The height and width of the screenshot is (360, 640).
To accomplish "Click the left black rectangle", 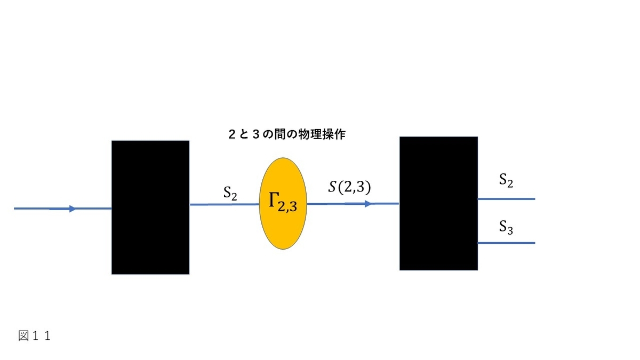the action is tap(150, 207).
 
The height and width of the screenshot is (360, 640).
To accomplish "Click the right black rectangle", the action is tap(438, 203).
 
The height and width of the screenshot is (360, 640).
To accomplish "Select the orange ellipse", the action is tap(283, 203).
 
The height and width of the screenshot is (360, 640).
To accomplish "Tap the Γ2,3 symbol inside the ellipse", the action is tap(283, 202).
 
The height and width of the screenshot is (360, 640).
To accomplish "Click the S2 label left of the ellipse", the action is tap(230, 193).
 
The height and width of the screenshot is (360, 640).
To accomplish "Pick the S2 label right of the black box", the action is tap(506, 181).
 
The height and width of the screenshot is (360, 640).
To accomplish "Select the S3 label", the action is tap(506, 227).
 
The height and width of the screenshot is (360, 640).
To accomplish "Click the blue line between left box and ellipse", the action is tap(225, 205).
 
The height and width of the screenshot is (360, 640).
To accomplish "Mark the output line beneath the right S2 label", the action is tap(506, 199).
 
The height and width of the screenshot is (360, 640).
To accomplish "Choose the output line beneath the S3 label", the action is tap(506, 243).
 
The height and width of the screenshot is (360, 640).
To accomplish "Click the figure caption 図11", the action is tap(35, 335).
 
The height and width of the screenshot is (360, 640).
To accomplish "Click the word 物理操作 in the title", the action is tap(322, 134).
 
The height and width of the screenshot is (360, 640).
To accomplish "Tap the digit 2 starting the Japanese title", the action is tap(232, 134).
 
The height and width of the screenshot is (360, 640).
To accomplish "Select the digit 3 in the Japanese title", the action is tap(256, 134).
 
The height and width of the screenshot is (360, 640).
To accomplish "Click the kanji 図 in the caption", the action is tap(23, 335).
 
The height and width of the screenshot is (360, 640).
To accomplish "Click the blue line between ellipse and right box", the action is tap(353, 204).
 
